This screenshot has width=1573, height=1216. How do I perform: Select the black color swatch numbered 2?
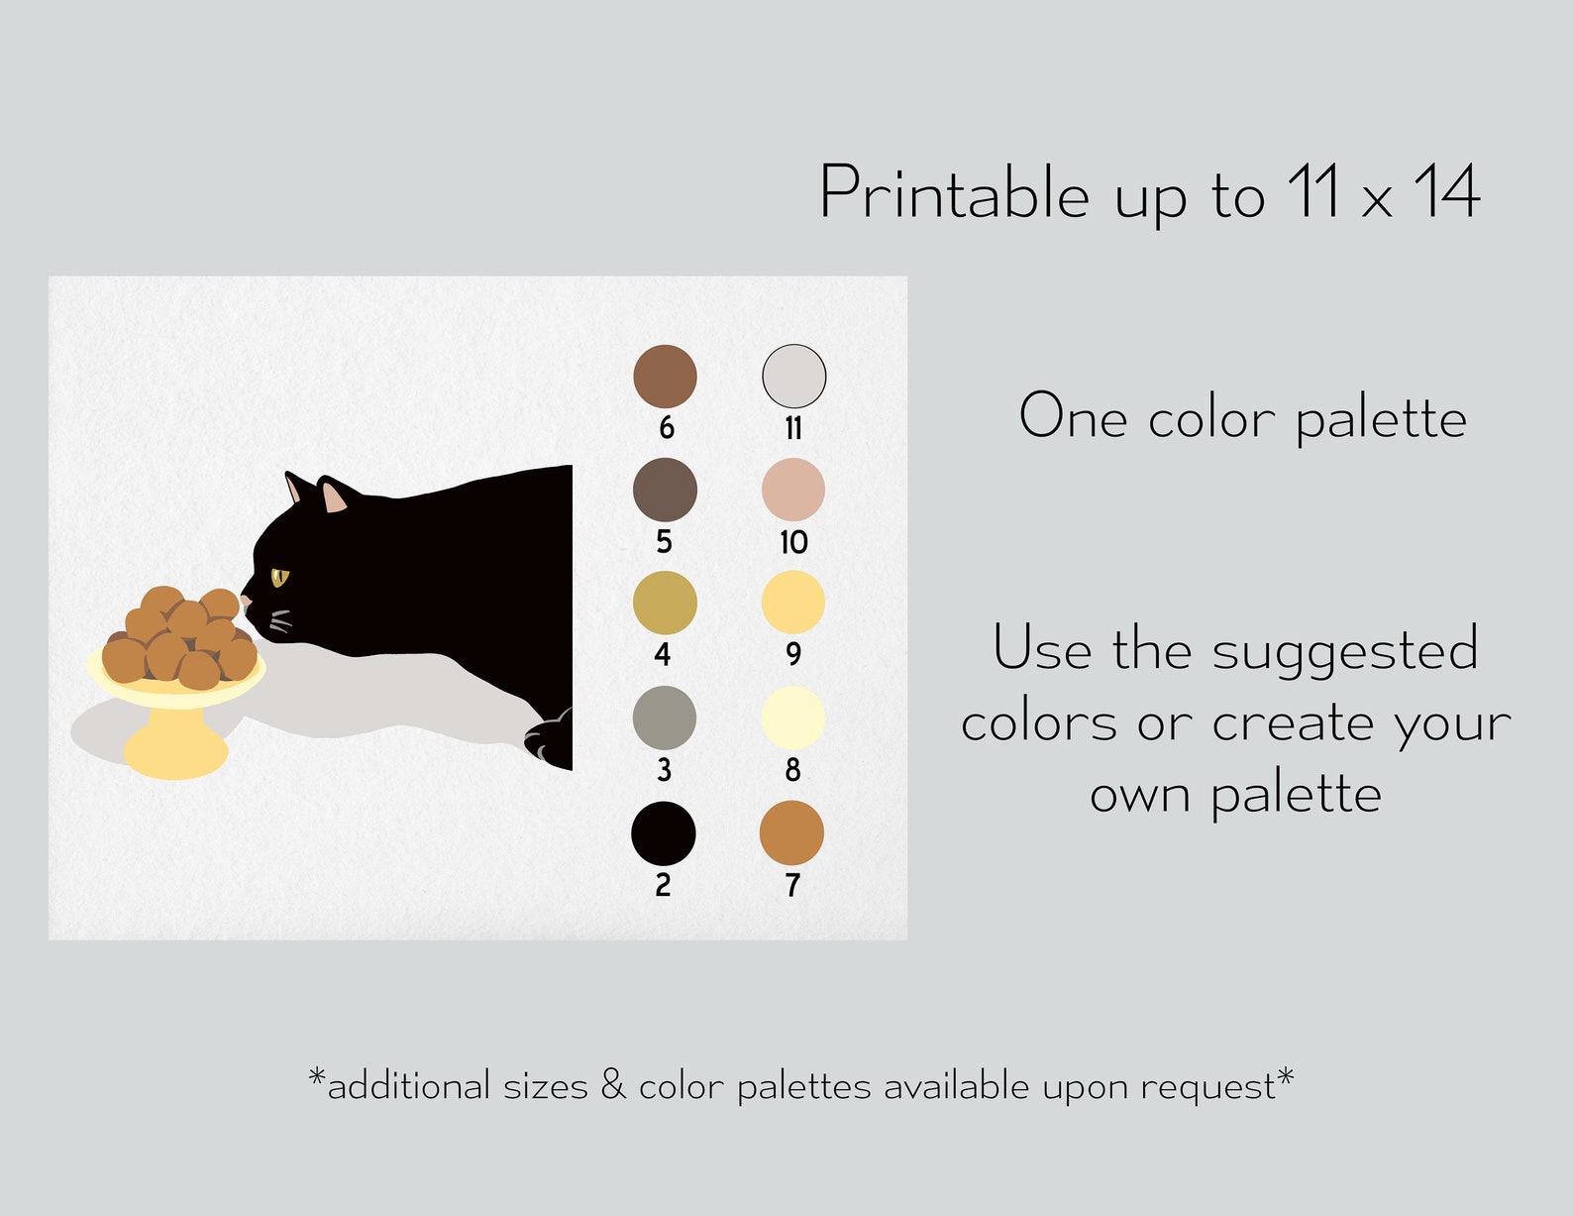664,833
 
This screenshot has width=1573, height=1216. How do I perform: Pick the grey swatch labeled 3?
665,718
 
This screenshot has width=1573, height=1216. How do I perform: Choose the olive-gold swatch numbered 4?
665,603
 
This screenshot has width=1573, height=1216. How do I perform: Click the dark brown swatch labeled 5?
665,490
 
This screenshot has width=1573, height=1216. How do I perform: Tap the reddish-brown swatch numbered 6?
665,377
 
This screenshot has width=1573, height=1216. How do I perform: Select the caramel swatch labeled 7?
791,833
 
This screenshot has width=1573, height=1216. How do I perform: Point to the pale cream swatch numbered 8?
792,718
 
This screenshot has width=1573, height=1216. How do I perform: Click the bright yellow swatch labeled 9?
792,603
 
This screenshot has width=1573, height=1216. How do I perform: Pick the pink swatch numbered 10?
793,490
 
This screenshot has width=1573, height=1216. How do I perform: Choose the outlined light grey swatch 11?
793,377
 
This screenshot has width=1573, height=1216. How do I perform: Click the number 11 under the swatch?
793,428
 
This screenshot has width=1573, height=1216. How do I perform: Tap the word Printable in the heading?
954,193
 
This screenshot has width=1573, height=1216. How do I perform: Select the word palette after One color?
1381,418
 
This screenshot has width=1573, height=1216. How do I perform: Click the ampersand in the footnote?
613,1085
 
